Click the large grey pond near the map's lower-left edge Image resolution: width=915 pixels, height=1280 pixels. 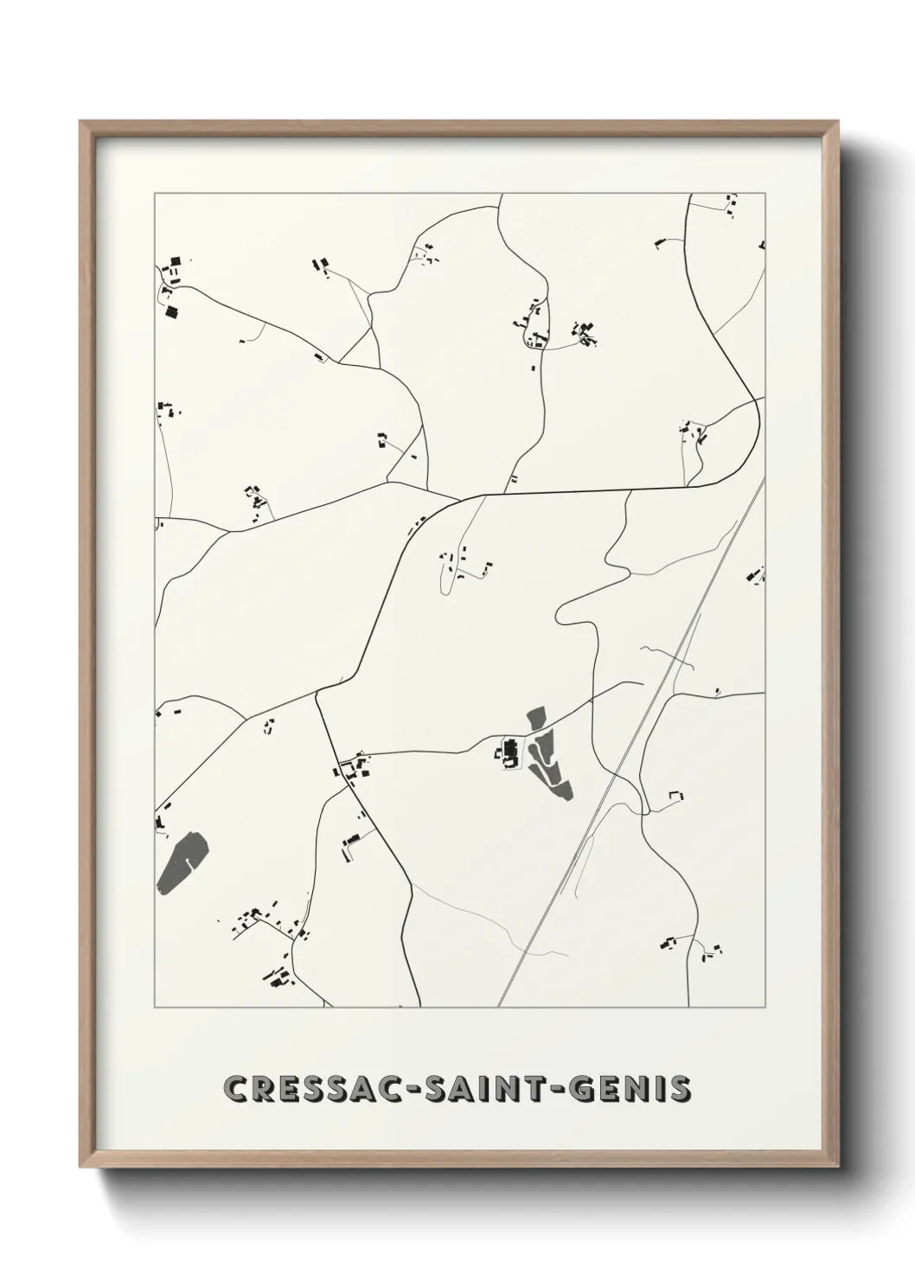(x=182, y=861)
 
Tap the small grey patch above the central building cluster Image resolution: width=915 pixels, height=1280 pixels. (x=536, y=717)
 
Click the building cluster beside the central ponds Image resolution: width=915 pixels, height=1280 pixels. (x=509, y=752)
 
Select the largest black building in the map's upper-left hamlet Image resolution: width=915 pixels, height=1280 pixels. (x=170, y=312)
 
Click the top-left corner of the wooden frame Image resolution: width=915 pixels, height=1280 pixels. (x=81, y=122)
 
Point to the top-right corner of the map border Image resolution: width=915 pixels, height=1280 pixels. (x=765, y=194)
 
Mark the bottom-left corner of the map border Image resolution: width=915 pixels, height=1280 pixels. (x=155, y=1008)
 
